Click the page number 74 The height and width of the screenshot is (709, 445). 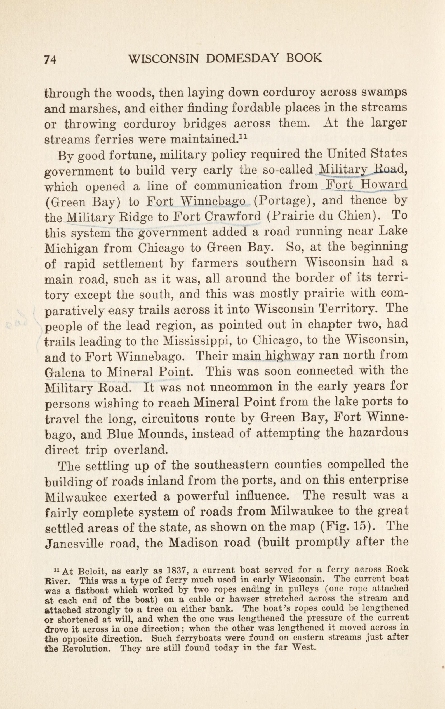click(50, 60)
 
